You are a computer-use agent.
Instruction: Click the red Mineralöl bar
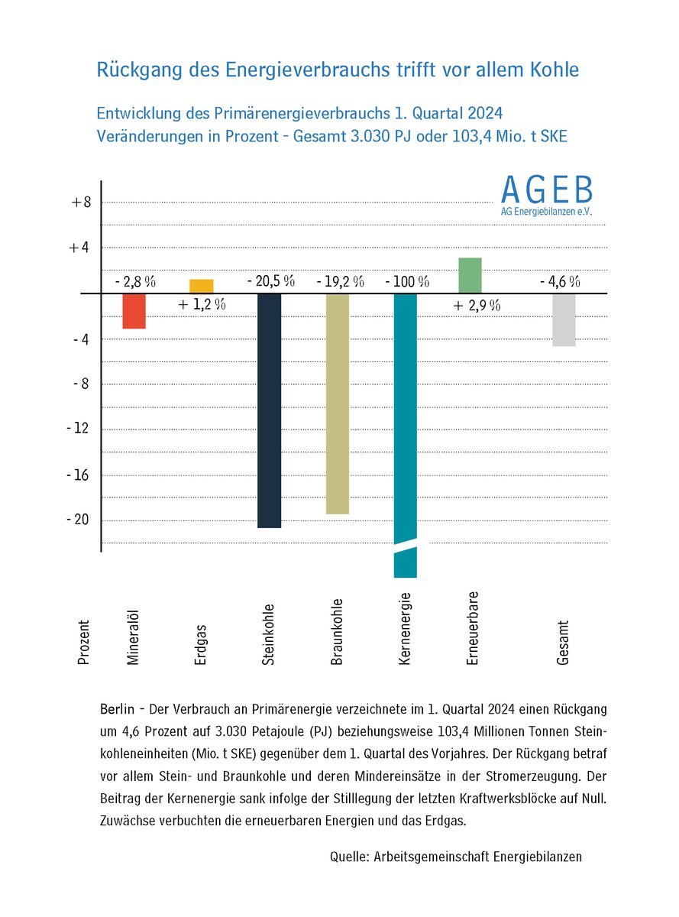pos(134,311)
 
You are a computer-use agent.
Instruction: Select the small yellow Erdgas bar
pos(202,287)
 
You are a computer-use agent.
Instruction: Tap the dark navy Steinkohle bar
pos(269,410)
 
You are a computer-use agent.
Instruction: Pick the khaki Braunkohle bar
pos(337,403)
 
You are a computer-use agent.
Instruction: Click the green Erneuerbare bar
pos(470,275)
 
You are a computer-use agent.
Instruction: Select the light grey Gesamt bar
pos(564,319)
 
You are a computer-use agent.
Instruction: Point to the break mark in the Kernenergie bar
pos(405,543)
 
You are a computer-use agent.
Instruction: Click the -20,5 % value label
pos(270,280)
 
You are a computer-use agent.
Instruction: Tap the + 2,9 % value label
pos(477,306)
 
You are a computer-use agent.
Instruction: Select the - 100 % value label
pos(406,281)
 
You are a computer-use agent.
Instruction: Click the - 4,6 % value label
pos(560,281)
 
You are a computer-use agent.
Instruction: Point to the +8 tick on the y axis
pos(81,203)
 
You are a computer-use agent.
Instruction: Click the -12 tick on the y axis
pos(80,429)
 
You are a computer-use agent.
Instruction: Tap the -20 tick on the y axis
pos(80,520)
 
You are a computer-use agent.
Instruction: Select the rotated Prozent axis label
pos(84,642)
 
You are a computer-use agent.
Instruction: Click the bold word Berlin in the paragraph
pos(116,708)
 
